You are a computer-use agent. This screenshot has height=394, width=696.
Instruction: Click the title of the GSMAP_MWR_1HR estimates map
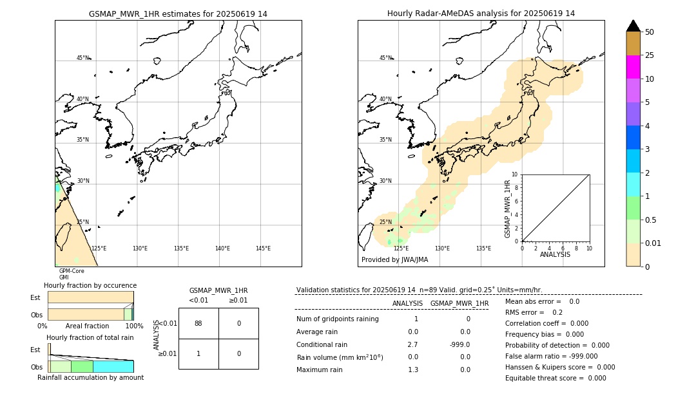click(178, 14)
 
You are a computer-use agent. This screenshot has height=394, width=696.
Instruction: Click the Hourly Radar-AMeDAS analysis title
click(481, 14)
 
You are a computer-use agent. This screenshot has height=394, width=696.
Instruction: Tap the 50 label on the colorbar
click(650, 32)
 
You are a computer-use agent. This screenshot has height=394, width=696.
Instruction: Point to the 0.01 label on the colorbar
click(653, 243)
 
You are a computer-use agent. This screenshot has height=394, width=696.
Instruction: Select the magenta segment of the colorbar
click(633, 67)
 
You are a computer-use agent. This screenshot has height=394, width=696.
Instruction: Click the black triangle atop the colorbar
click(633, 26)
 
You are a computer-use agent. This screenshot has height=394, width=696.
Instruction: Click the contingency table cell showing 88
click(198, 323)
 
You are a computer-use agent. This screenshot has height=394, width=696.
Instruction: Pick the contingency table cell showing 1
click(198, 353)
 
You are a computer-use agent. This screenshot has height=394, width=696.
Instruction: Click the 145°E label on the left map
click(263, 249)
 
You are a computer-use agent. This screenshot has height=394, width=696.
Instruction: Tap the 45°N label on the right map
click(385, 58)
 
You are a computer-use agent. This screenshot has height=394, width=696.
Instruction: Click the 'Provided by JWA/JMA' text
click(394, 260)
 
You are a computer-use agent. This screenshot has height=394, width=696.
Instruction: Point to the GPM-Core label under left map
click(72, 271)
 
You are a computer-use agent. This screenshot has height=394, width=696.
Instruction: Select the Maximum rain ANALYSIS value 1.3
click(413, 370)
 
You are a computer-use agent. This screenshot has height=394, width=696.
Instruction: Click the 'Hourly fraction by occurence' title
click(90, 285)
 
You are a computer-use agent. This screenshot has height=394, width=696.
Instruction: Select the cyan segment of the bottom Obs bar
click(113, 366)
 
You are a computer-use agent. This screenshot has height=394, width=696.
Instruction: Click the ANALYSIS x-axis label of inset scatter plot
click(555, 254)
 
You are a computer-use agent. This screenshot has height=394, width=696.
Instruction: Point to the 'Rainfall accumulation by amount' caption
click(90, 378)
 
